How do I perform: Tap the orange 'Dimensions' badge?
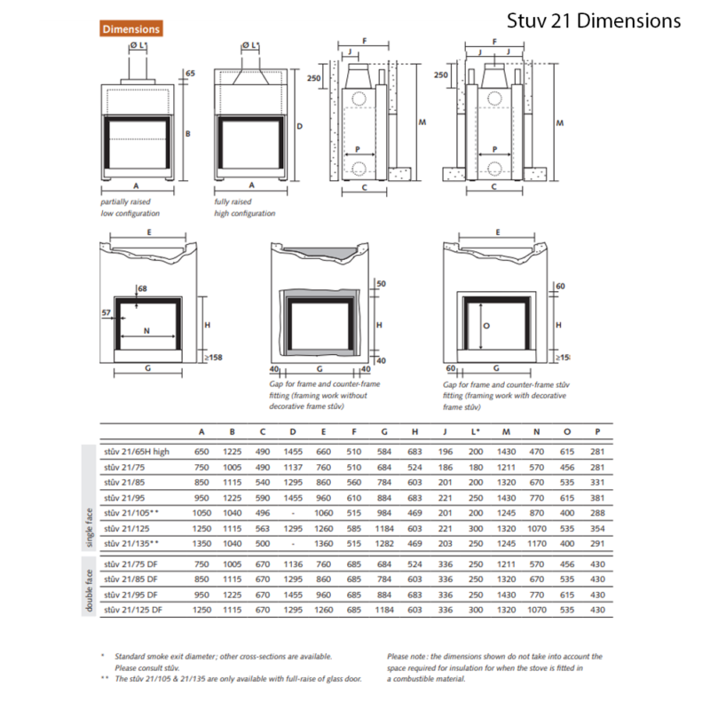[130, 29]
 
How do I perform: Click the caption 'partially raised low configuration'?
[130, 208]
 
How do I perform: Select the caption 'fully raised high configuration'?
[245, 208]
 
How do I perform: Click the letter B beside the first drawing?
[188, 134]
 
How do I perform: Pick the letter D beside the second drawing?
[299, 127]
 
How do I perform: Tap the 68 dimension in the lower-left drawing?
[142, 288]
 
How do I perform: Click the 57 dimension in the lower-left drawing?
[106, 313]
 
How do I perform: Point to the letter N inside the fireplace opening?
[147, 330]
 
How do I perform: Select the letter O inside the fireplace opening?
[485, 325]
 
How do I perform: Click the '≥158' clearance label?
[213, 357]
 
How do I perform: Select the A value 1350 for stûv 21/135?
[201, 542]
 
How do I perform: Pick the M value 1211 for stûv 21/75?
[507, 467]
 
